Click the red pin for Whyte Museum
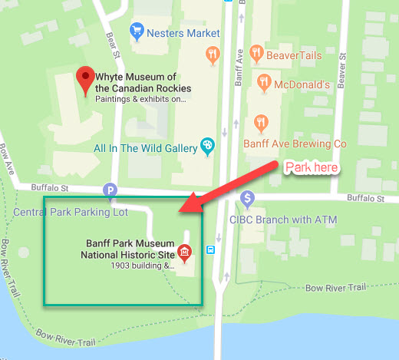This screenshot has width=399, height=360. coord(85,78)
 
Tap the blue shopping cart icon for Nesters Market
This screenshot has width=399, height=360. coord(137,32)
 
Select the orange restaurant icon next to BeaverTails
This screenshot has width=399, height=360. coord(213,54)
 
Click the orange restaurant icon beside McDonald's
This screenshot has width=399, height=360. coord(264,81)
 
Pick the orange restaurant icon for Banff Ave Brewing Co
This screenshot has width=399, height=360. coord(261,123)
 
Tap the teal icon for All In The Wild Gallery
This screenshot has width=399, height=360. coord(206,146)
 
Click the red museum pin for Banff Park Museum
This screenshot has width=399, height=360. coord(185,250)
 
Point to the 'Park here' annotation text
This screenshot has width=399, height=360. coord(312,167)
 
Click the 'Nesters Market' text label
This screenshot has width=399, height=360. coord(182,33)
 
